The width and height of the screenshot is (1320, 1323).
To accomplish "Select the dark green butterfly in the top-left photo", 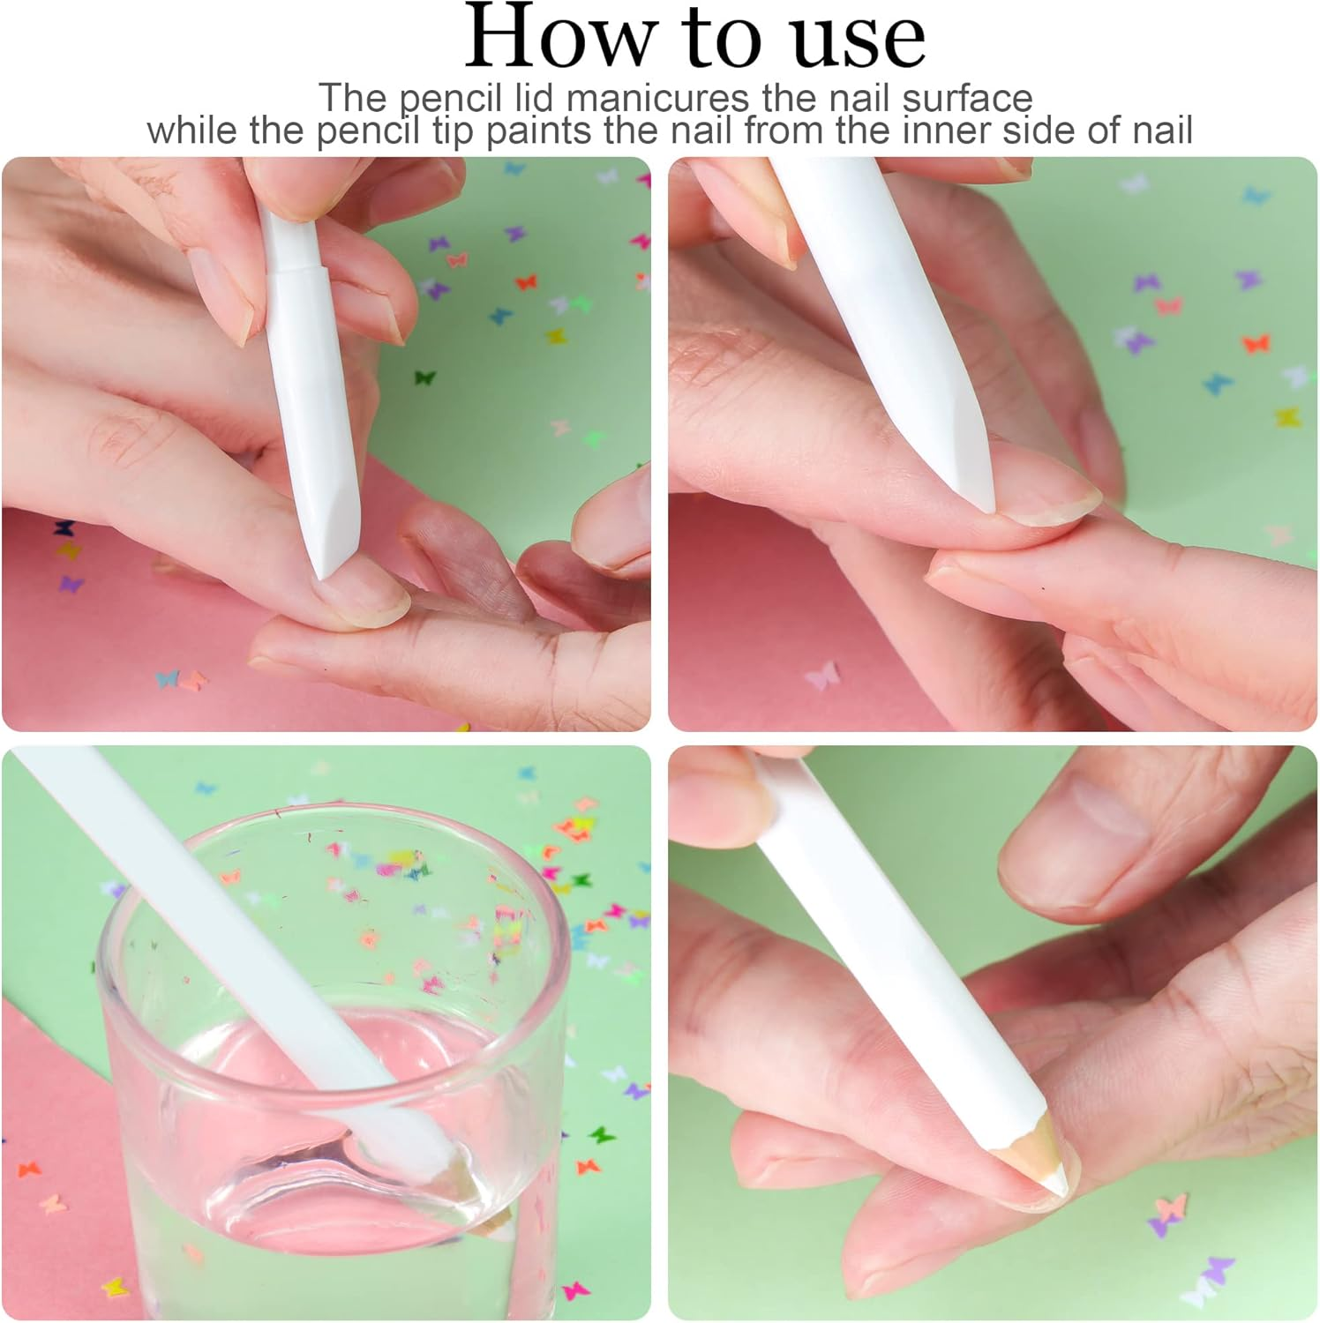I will point(425,377).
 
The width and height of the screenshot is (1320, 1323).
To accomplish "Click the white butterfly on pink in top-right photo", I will point(821,677).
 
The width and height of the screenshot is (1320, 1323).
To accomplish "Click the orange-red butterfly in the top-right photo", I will point(1256,342).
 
